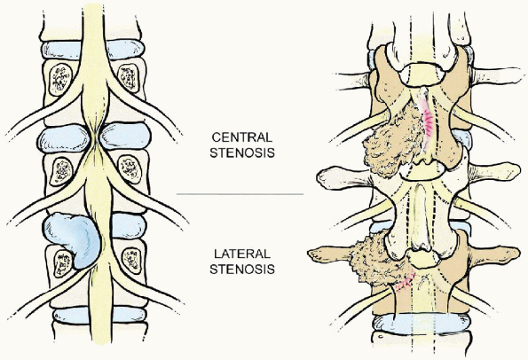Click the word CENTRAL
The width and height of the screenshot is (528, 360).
tap(241, 137)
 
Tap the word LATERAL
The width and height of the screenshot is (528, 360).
tap(242, 254)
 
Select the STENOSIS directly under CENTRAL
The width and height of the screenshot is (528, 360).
tap(242, 153)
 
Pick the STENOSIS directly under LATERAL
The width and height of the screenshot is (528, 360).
tap(242, 270)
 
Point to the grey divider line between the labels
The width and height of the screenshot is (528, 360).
tap(240, 194)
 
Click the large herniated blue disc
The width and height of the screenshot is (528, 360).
tap(74, 238)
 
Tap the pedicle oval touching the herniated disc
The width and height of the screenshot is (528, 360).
tap(63, 263)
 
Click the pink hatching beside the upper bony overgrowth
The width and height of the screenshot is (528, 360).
tap(428, 122)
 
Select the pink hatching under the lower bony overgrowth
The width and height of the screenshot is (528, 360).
tap(405, 282)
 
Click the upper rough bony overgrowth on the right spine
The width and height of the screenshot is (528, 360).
tap(391, 142)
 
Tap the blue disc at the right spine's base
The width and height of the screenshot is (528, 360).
tap(421, 324)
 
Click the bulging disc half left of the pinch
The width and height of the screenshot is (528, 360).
tap(64, 137)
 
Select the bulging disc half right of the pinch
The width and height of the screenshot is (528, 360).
tap(125, 137)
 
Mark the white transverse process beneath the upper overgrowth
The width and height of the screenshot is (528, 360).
tap(343, 176)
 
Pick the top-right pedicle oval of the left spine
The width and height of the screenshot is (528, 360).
tap(128, 78)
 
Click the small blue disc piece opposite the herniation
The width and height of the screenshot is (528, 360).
tap(129, 226)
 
